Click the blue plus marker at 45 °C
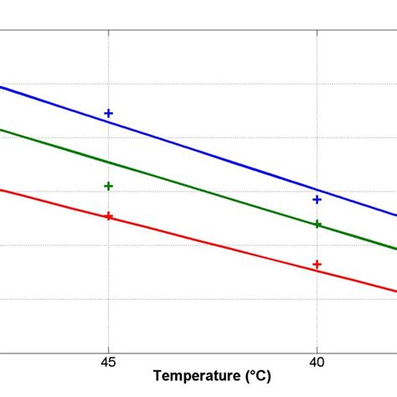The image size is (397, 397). pos(108,113)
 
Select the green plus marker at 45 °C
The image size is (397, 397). pos(108,186)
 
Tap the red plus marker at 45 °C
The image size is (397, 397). pos(108,216)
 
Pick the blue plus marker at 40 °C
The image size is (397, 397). pos(317,199)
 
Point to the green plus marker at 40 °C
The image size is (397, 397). pos(317,224)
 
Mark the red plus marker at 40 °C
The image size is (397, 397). pos(317,265)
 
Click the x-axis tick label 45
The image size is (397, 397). pos(108,363)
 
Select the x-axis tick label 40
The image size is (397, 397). pos(317,363)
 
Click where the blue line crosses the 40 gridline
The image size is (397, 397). pos(317,190)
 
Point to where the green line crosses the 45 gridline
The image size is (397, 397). pos(108,161)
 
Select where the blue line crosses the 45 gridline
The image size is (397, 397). pos(108,121)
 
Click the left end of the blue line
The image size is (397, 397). pos(2,87)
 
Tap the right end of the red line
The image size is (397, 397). pos(395,291)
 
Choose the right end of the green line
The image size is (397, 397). pos(395,249)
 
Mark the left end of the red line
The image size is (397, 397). pos(2,189)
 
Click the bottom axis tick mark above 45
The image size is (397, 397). pos(108,348)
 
